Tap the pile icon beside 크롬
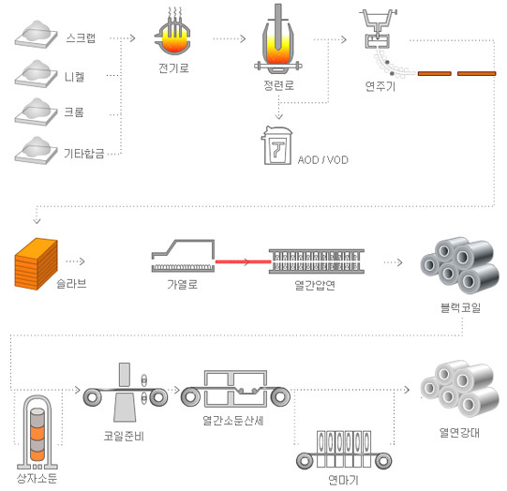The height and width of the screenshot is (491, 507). click(36, 109)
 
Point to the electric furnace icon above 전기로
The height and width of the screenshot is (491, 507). click(174, 38)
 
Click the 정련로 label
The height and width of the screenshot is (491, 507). click(279, 85)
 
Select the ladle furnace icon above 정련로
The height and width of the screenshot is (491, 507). click(278, 44)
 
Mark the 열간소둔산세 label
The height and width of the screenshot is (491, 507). click(232, 422)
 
